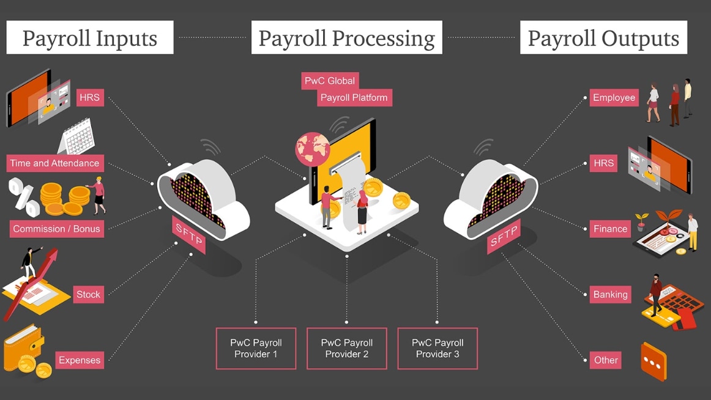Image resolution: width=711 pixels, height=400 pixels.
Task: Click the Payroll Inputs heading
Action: (x=90, y=38)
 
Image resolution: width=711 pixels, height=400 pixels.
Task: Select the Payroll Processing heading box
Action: (x=346, y=38)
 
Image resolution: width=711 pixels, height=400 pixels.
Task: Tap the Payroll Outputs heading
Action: (x=603, y=38)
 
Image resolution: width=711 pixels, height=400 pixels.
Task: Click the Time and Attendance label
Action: (x=54, y=163)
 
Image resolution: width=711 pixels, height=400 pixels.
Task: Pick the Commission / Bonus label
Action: (x=56, y=229)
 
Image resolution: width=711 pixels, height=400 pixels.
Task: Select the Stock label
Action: (x=88, y=294)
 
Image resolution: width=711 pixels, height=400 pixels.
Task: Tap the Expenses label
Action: (x=80, y=360)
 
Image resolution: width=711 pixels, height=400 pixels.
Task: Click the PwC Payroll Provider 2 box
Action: (x=346, y=349)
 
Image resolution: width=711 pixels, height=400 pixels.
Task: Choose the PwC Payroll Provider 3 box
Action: (x=437, y=349)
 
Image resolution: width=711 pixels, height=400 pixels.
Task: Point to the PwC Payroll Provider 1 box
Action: (x=256, y=349)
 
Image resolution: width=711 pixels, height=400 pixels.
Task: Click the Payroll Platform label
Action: (x=354, y=97)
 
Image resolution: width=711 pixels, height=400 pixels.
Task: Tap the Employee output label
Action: (x=614, y=98)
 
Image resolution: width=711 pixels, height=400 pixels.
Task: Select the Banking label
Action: (x=610, y=294)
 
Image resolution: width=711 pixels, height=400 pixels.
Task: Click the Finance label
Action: (x=610, y=229)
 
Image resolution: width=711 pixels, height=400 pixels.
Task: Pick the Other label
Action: (x=606, y=360)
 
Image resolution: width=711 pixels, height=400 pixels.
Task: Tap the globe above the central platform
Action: (x=313, y=149)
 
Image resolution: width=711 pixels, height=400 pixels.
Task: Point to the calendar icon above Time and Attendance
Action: (x=79, y=138)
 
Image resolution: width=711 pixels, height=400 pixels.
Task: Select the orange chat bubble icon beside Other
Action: (x=653, y=362)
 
